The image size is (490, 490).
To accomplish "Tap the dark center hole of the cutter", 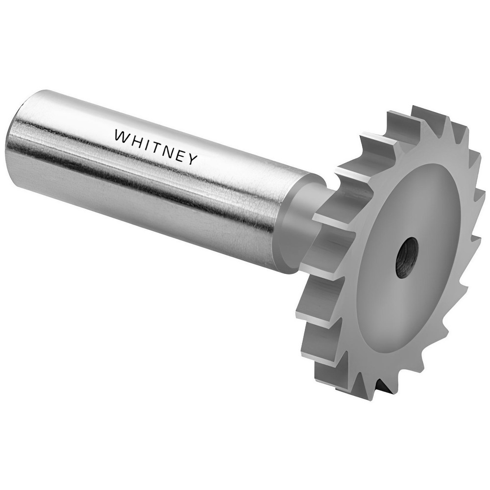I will (x=407, y=257).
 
